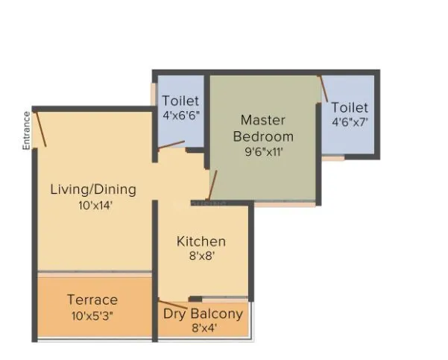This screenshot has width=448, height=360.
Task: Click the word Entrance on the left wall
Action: tap(27, 130)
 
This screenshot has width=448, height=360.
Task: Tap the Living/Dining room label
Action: tap(92, 189)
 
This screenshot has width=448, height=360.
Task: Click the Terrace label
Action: tap(92, 300)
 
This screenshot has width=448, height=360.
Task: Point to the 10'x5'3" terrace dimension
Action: tap(92, 315)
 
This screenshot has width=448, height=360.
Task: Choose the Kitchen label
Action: tap(201, 241)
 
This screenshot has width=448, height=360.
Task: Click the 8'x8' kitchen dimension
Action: tap(201, 257)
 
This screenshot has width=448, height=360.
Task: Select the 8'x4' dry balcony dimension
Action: tap(203, 328)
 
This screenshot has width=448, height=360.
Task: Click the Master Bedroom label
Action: tap(263, 127)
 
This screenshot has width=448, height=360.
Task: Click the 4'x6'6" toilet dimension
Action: tap(180, 116)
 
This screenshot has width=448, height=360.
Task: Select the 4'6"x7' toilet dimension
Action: tap(350, 122)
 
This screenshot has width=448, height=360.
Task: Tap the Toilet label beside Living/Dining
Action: tap(180, 101)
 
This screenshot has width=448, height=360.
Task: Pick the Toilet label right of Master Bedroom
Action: tap(350, 108)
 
